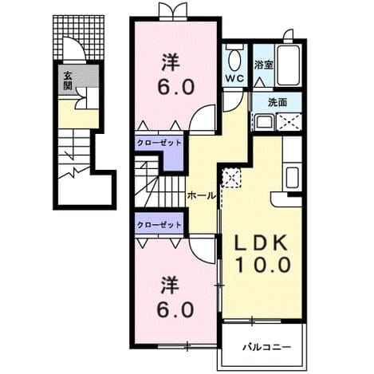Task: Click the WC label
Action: click(234, 78)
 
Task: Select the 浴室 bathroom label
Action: click(264, 65)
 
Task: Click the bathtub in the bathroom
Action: click(289, 65)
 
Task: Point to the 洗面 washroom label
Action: click(277, 102)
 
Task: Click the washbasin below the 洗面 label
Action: click(264, 122)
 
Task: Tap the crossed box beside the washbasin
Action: click(289, 122)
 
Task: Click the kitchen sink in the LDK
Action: click(293, 177)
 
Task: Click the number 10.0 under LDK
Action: click(262, 265)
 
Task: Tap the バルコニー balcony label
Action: click(267, 347)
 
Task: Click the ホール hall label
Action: click(201, 196)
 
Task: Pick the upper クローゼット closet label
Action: click(159, 143)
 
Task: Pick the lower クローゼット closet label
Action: click(159, 225)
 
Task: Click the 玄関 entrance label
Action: click(68, 81)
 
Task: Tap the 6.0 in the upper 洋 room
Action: click(175, 87)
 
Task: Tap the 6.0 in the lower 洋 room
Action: click(175, 309)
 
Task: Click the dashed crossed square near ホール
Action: click(231, 178)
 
